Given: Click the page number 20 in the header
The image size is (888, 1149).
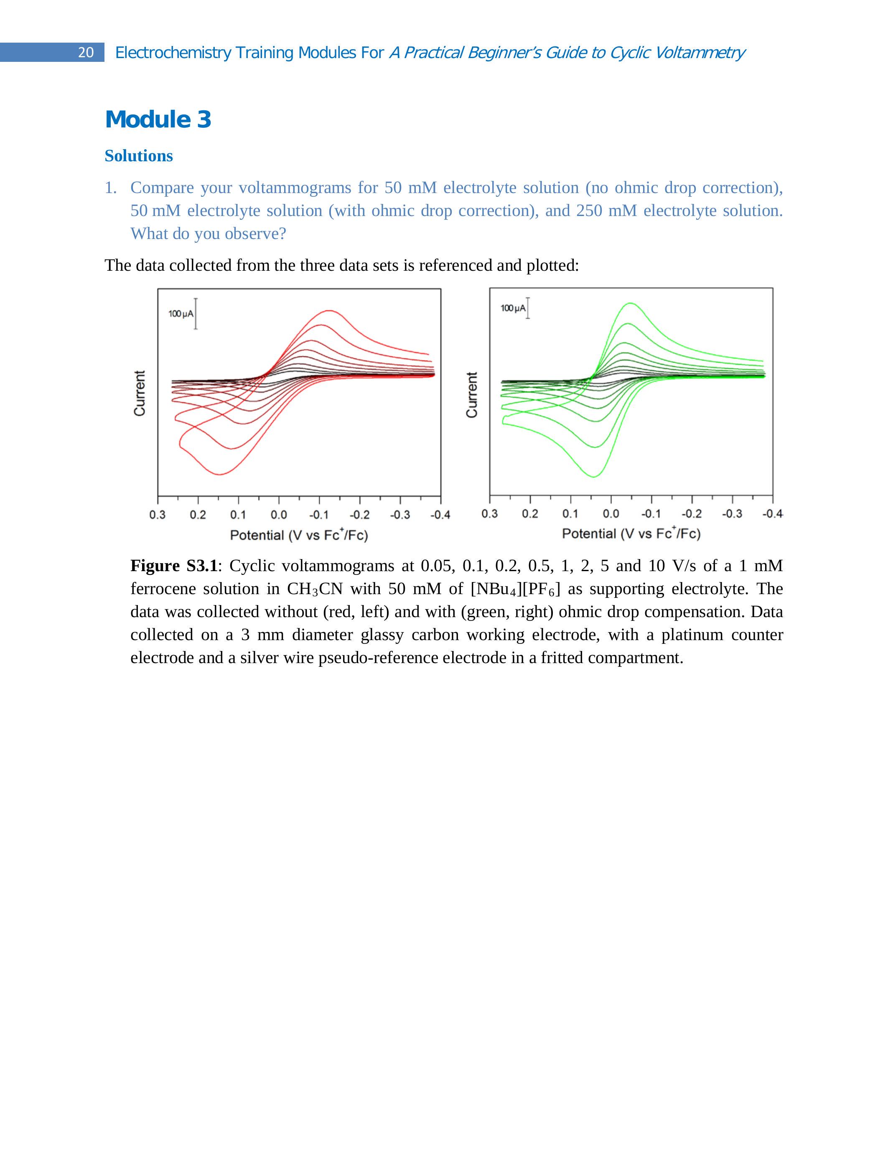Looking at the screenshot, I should [86, 53].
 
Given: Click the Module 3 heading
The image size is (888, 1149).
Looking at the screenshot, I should [158, 119].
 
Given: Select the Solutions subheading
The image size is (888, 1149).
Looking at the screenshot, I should [138, 156].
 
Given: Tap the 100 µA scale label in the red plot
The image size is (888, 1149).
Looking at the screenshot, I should [181, 314].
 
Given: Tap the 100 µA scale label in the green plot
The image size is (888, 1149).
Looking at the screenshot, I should [513, 308].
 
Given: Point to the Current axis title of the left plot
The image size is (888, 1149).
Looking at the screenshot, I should [140, 393].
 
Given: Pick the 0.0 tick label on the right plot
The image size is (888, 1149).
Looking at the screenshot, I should [611, 513].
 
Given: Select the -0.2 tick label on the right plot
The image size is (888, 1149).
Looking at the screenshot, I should [692, 513].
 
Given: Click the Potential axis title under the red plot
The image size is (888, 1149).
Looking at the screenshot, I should [299, 535].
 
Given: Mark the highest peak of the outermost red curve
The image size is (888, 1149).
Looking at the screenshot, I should [329, 310].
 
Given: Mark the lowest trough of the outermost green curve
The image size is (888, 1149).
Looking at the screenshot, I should [593, 477].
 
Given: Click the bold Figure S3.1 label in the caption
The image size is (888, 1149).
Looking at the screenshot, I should [173, 566].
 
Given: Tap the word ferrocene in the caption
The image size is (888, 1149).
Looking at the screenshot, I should [163, 589].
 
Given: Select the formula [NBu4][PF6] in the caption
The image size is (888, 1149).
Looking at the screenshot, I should [515, 589].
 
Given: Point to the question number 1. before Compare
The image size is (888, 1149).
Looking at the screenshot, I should [110, 188].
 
